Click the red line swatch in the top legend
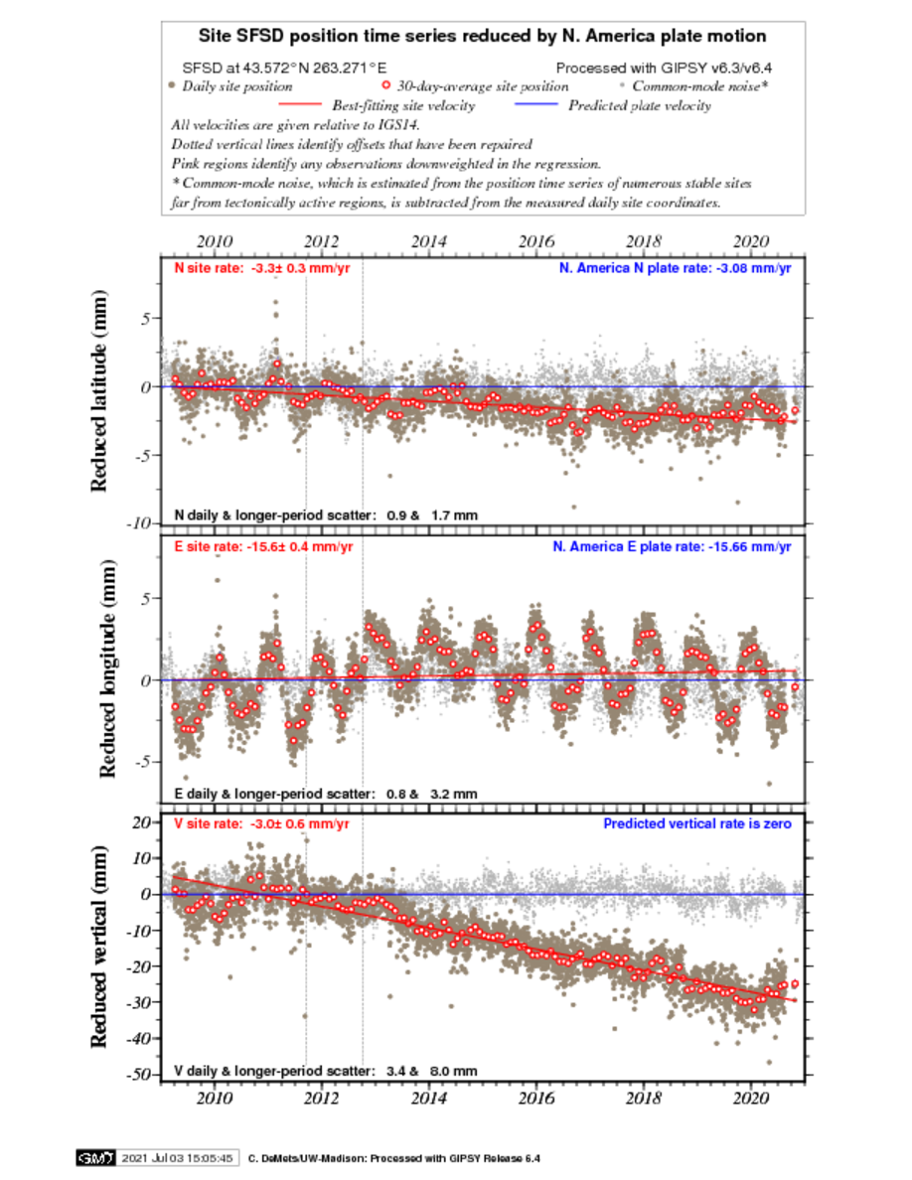(300, 104)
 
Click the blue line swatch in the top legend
(536, 104)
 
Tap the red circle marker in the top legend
(385, 85)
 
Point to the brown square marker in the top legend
(172, 85)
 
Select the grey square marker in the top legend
(622, 85)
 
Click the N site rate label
(262, 268)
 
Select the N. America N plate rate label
(676, 268)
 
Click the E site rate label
(262, 546)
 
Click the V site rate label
(262, 824)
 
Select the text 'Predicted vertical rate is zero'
(698, 824)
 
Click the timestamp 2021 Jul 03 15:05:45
(178, 1158)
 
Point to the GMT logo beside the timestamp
(95, 1158)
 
